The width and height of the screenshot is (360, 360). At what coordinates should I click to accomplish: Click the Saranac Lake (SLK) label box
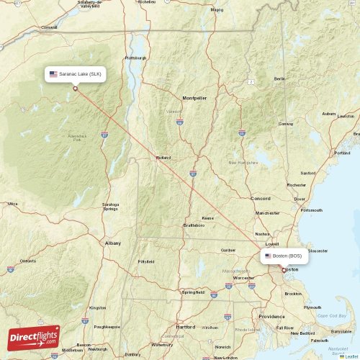pos(76,73)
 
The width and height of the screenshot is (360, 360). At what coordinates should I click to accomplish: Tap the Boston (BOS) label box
pos(284,256)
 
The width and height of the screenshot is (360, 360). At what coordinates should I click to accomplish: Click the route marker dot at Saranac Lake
pos(75,89)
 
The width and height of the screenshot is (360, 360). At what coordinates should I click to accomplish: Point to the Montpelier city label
pos(194,97)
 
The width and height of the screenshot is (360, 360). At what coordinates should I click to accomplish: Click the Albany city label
pos(113,243)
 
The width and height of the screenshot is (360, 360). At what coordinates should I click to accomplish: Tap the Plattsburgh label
pos(135,58)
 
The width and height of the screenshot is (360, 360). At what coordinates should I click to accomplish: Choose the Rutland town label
pos(163,157)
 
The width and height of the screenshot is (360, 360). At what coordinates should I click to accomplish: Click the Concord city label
pos(260,198)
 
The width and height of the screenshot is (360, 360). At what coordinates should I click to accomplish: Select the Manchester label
pos(267,213)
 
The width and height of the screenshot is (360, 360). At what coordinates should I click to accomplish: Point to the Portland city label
pos(342,153)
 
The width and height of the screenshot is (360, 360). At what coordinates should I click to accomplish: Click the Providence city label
pos(272,316)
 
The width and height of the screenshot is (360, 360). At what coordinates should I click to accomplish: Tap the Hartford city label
pos(185,326)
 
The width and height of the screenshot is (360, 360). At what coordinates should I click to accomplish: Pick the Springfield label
pos(192,292)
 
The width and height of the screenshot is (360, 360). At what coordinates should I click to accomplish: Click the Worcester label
pos(244,277)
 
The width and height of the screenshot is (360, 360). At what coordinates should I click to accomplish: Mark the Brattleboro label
pos(194,225)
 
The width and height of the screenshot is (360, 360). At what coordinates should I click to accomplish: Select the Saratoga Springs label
pos(110,206)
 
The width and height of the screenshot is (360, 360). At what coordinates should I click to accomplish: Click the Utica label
pos(12,204)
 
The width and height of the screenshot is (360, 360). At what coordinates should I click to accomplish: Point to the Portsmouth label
pos(312,210)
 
